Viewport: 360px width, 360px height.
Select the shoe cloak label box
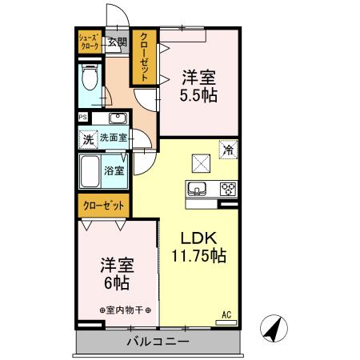88,42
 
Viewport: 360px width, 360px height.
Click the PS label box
82,118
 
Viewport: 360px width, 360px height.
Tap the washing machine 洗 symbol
88,138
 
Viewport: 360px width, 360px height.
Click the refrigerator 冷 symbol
228,150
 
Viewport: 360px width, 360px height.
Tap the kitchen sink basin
197,190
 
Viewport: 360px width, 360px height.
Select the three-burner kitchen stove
227,190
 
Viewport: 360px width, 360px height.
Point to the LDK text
197,238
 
